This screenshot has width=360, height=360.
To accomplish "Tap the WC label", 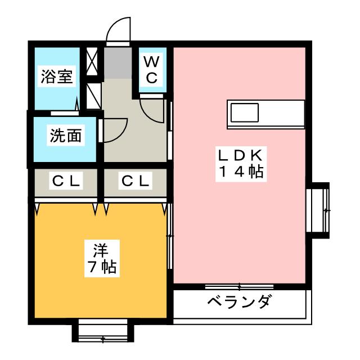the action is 152,70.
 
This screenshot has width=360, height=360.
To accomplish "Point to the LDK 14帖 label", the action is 241,164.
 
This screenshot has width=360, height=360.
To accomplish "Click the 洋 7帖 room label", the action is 102,258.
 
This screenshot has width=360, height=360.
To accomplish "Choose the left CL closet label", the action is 66,181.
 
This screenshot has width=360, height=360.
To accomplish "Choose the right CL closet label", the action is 135,181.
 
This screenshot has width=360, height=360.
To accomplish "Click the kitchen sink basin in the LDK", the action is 245,112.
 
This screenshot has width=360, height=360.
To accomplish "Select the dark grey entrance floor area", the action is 118,62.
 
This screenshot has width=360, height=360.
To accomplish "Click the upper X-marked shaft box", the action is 92,61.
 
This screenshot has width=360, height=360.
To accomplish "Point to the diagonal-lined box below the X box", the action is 94,96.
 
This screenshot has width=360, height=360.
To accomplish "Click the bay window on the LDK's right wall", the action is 318,210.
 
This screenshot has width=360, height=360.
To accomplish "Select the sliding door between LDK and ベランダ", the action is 239,286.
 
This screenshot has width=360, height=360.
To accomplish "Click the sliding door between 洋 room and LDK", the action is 170,236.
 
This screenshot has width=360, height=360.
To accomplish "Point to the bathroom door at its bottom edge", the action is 65,113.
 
